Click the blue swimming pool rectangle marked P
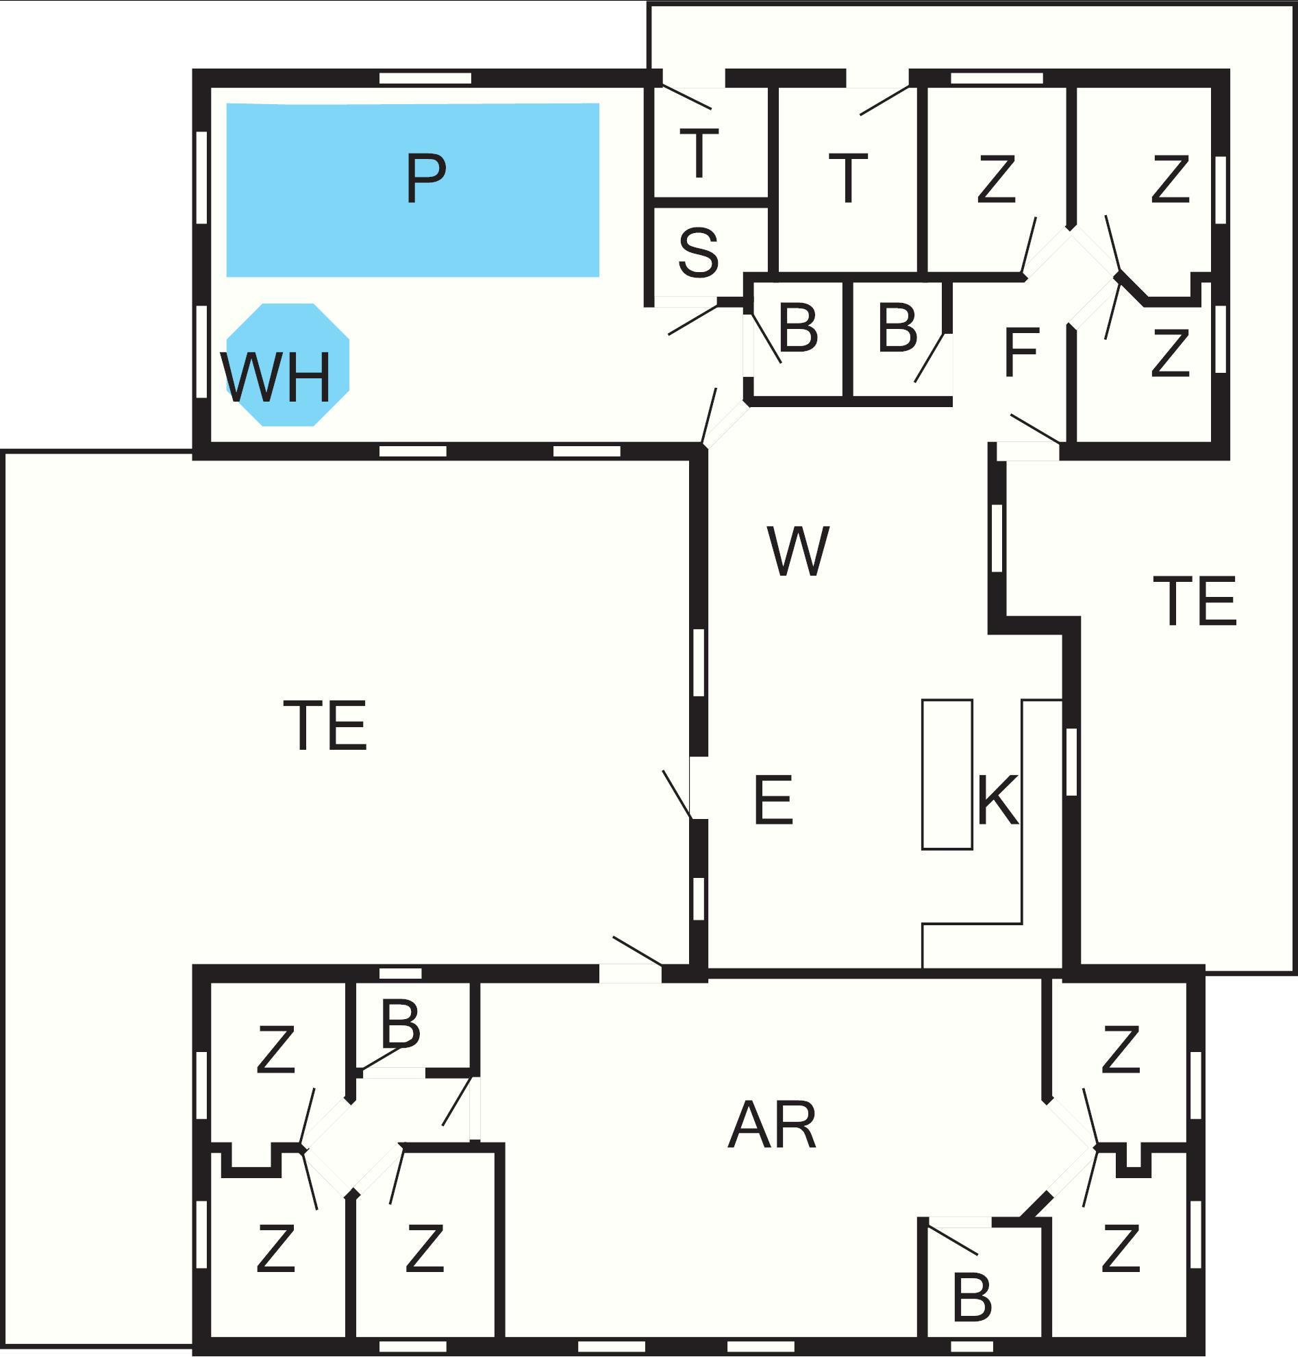click(x=412, y=190)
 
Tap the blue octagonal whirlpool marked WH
click(x=288, y=365)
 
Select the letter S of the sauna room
click(x=698, y=253)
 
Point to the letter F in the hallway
click(x=1021, y=352)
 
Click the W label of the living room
click(x=798, y=551)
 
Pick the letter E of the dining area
click(x=772, y=800)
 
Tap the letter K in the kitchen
click(x=998, y=800)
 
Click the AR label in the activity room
click(x=772, y=1126)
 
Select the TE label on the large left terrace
click(x=325, y=726)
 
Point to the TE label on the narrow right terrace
click(x=1195, y=601)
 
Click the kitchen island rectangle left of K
click(x=947, y=774)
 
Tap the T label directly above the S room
click(x=699, y=154)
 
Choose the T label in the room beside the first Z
click(x=848, y=179)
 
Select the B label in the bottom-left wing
click(x=401, y=1025)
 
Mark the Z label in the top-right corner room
click(x=1171, y=179)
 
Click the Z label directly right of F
click(x=1171, y=352)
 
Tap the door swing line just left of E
click(x=677, y=794)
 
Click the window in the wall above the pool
click(x=425, y=78)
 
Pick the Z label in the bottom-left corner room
click(x=276, y=1247)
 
